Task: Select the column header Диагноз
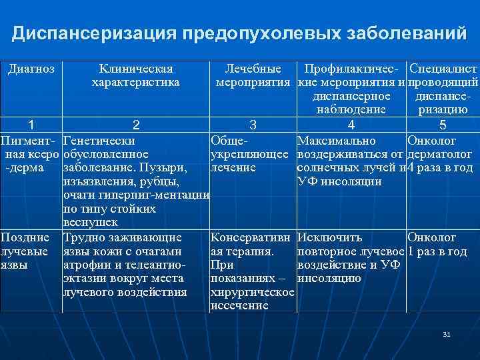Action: [x=31, y=69]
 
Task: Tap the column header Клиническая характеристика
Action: [x=136, y=75]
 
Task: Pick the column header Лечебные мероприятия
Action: [x=253, y=75]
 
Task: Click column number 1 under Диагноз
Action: [x=31, y=125]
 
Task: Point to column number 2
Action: [x=136, y=125]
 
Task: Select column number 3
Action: [x=253, y=125]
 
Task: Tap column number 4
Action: [x=351, y=125]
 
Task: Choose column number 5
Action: [x=443, y=125]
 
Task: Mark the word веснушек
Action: [x=90, y=222]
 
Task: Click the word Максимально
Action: [x=337, y=141]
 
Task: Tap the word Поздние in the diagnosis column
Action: [x=25, y=237]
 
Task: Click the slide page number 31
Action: [x=447, y=333]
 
